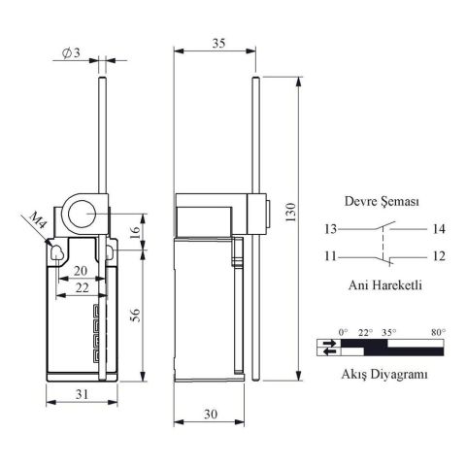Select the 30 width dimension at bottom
[x=212, y=414]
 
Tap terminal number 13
[x=330, y=229]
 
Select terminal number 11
[x=330, y=256]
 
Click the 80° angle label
[x=438, y=332]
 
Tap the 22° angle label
[x=366, y=332]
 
